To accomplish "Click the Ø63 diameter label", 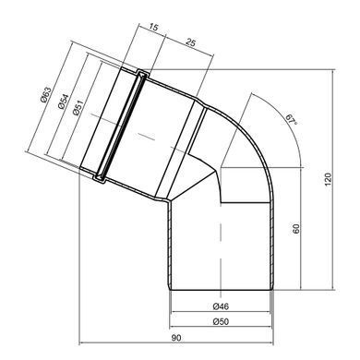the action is point(45,95).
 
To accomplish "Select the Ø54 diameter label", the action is point(62,102).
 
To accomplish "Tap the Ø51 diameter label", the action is point(78,108).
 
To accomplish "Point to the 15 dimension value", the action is point(153,27).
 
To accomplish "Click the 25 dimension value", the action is point(190,42).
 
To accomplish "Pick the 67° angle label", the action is point(292,119).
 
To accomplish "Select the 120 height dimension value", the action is point(329,179).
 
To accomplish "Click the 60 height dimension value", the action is point(295,229).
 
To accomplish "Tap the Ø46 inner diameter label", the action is point(221,306).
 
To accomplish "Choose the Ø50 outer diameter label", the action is point(221,321).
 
